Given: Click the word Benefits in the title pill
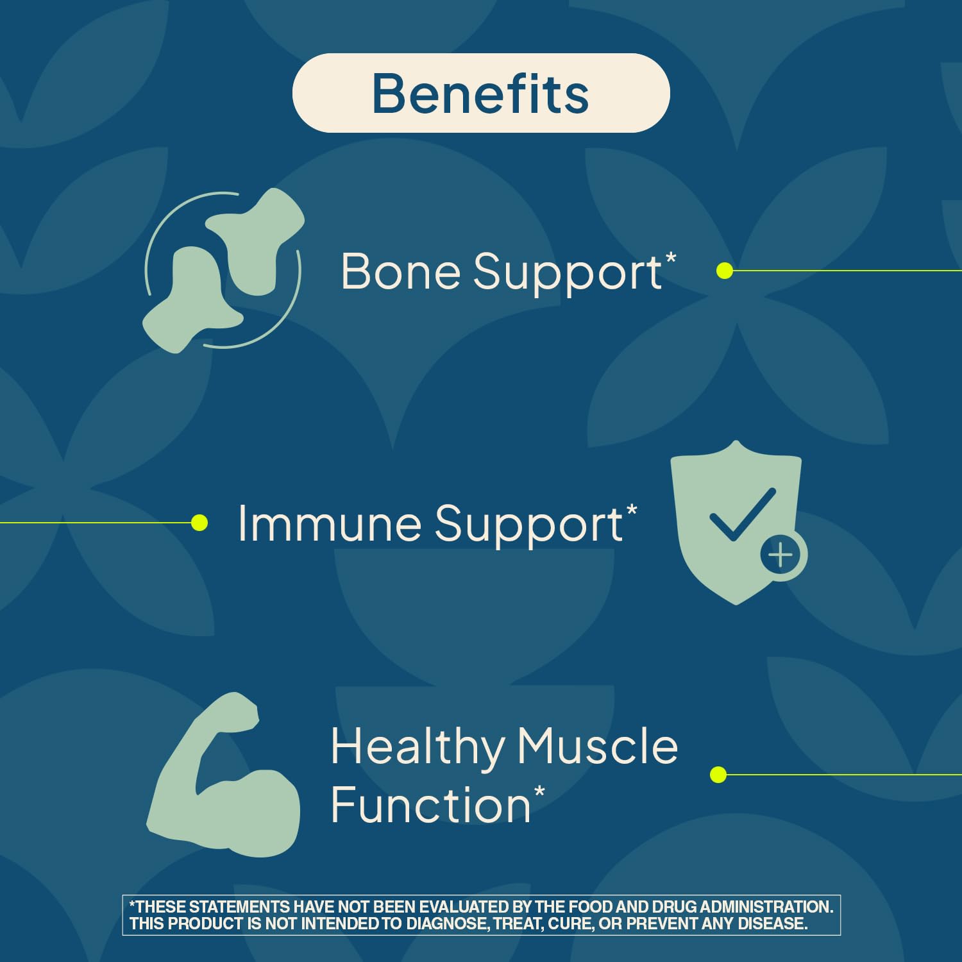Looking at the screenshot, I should pos(480,94).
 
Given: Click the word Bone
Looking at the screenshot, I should pos(401,271).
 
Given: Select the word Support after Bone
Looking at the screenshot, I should pos(568,273).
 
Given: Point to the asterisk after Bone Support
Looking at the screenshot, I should pos(671,258).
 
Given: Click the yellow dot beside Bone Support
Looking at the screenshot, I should pos(725,271).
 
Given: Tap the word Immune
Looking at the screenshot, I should pos(329,523).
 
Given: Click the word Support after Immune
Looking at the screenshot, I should pos(529,525).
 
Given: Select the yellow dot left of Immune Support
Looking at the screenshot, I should pos(199,523).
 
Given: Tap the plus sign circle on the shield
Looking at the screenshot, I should pos(781,554).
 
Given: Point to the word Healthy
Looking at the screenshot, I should pos(418,748).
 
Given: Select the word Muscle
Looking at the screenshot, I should pos(597,747).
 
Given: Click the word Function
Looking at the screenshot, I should pos(430,804).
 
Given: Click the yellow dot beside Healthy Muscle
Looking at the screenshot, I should pos(718,775).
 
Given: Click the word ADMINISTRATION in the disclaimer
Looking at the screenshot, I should pos(766,907).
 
